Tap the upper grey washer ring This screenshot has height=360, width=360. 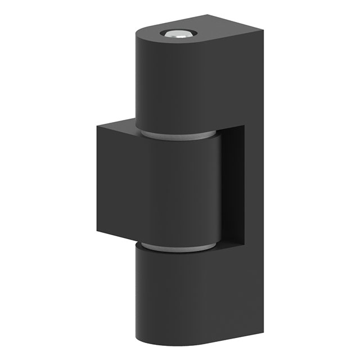tap(177, 135)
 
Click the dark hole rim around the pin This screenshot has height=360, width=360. tap(168, 33)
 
